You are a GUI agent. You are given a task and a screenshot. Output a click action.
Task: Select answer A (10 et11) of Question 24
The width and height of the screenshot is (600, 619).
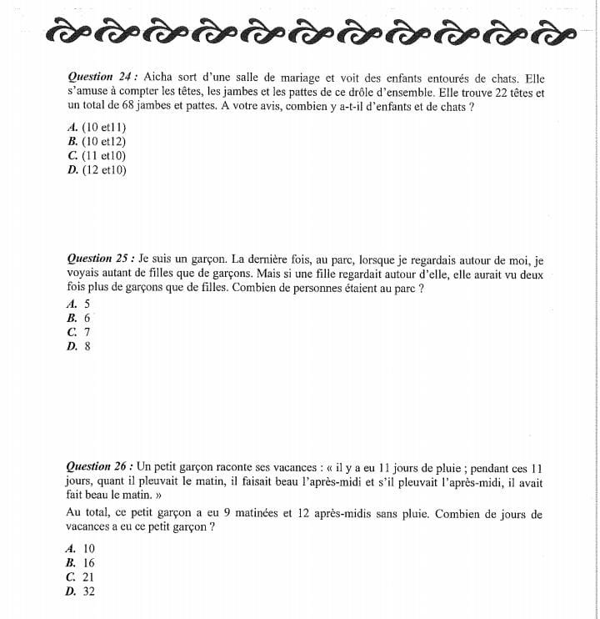(97, 127)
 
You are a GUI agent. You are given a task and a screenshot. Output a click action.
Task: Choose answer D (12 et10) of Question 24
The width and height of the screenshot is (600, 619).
(97, 169)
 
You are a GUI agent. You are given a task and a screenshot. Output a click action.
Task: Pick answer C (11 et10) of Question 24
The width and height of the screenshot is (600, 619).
(97, 155)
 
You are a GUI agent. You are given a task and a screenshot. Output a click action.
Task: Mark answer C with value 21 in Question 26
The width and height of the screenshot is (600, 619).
(81, 576)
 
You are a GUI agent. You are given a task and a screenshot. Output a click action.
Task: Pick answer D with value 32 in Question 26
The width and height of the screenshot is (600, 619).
(81, 591)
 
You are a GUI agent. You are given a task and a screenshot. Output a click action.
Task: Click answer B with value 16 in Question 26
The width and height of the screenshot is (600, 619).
(81, 562)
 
